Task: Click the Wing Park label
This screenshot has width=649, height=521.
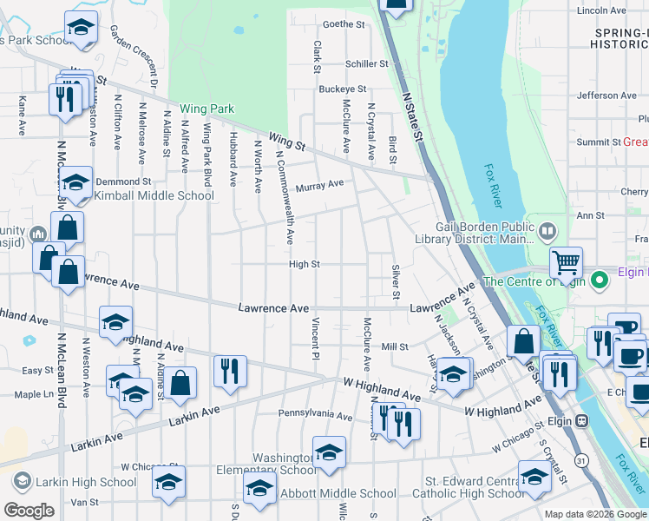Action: (207, 109)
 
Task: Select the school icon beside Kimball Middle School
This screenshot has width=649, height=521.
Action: (76, 182)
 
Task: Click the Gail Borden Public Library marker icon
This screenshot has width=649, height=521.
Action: (547, 231)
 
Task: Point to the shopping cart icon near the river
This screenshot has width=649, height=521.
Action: (566, 261)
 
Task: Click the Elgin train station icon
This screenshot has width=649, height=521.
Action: (581, 420)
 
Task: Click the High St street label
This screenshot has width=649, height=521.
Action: (305, 264)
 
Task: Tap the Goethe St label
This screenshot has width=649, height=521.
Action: (344, 24)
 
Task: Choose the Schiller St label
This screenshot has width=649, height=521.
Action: (365, 64)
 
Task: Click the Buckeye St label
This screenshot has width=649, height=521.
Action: (342, 89)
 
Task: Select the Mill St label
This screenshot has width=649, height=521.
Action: (394, 346)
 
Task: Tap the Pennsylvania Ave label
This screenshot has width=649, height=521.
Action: (315, 416)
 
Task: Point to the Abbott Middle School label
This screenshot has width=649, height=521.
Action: (338, 493)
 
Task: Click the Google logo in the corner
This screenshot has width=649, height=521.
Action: (29, 511)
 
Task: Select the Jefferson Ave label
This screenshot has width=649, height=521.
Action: (606, 96)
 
